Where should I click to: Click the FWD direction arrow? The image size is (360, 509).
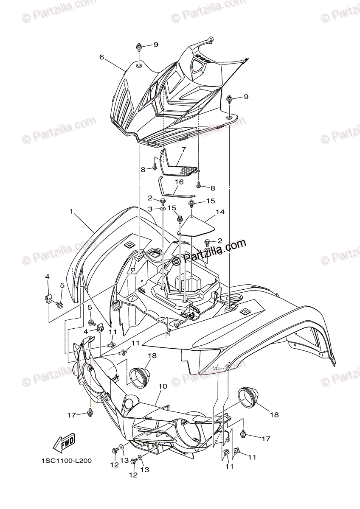point(64,444)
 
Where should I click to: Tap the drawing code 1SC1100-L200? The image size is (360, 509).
point(67,461)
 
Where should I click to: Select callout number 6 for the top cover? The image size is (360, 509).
point(101,57)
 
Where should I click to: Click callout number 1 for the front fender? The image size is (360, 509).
point(72,210)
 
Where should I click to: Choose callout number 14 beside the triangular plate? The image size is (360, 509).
point(219,211)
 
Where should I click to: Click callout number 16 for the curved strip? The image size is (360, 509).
point(179,182)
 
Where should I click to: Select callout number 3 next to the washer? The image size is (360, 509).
point(150,209)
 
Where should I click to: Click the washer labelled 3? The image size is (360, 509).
point(163,209)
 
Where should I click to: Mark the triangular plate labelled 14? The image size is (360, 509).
point(196,227)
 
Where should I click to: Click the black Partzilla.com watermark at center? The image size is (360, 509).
point(214,247)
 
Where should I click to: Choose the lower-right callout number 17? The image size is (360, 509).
point(266,439)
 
